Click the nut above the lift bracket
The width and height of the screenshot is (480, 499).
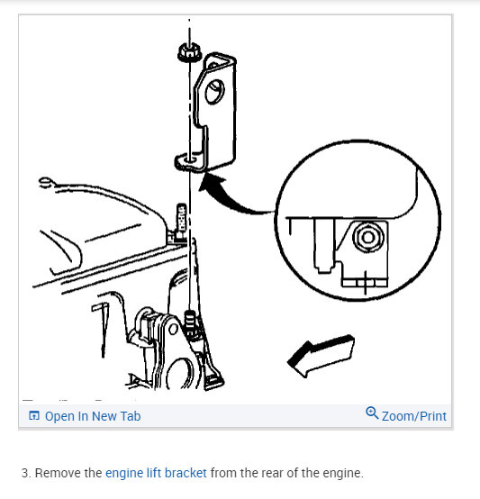click(189, 53)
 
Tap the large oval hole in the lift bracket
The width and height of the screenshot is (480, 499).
click(214, 92)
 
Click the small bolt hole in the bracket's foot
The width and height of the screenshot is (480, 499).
click(191, 159)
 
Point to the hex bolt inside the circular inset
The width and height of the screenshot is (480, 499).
click(368, 237)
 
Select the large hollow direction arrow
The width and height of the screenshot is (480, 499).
click(321, 355)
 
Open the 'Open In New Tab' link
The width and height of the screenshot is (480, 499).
click(93, 416)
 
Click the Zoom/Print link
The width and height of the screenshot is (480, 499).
click(414, 416)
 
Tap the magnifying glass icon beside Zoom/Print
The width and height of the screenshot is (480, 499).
click(372, 413)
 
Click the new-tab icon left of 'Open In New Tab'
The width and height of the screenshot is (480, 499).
click(34, 415)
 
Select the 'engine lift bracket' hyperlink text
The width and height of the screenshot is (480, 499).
click(156, 473)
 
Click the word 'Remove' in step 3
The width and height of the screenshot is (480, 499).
click(58, 473)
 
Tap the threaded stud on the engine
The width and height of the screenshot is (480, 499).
click(190, 322)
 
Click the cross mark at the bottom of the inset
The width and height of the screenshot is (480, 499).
click(365, 282)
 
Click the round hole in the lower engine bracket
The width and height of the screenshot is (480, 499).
click(174, 329)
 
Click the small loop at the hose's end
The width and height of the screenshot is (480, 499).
click(45, 182)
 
